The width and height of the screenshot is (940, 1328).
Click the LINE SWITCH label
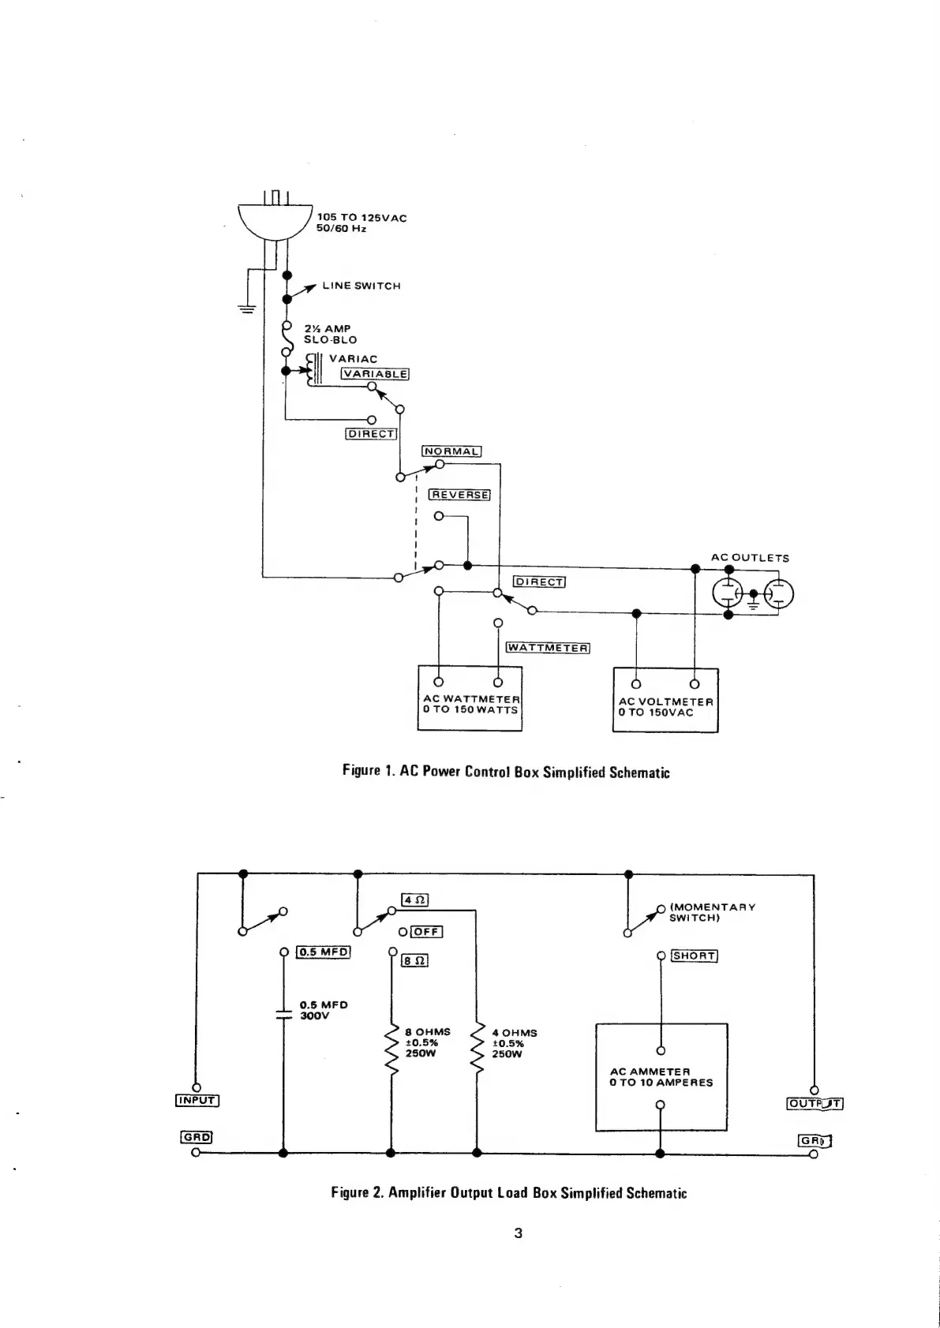(361, 286)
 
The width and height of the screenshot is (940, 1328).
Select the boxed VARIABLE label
(375, 374)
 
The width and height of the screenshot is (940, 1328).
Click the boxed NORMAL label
(451, 451)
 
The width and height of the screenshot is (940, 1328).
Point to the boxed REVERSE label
(460, 495)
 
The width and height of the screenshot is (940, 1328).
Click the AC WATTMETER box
(470, 698)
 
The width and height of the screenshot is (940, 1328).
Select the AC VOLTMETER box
(665, 700)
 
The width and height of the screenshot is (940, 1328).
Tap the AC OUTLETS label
(750, 558)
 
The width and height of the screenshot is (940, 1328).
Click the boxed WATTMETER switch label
(548, 648)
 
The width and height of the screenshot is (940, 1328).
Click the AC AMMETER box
(661, 1077)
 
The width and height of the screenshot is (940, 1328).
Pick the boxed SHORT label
(694, 956)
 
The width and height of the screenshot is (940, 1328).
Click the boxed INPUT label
(197, 1100)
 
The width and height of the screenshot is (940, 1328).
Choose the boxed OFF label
(426, 931)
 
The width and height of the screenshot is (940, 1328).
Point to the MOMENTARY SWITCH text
(712, 912)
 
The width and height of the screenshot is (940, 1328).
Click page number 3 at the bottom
(518, 1233)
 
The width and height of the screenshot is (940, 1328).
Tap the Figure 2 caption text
(509, 1192)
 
